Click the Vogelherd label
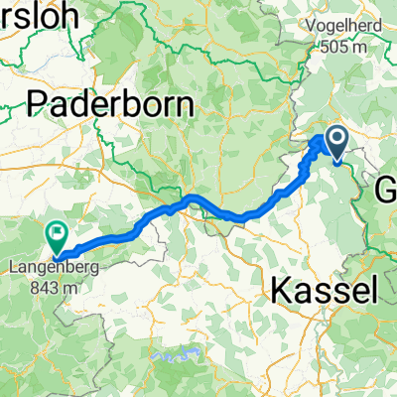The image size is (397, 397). click(356, 29)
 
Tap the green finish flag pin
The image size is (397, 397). click(57, 236)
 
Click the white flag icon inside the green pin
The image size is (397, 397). click(57, 234)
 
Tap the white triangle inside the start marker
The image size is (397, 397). click(337, 141)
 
